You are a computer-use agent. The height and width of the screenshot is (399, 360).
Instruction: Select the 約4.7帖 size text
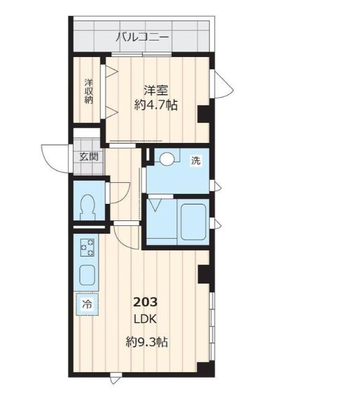(x=156, y=105)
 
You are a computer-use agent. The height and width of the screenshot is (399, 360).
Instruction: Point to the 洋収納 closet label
(x=88, y=91)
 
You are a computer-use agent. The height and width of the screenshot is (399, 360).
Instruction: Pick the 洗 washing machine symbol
(x=195, y=161)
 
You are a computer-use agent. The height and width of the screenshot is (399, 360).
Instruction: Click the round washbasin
(x=167, y=158)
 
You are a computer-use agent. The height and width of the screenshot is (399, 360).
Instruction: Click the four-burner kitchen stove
(x=87, y=247)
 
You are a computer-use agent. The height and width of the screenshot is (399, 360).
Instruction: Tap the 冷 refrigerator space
(x=87, y=304)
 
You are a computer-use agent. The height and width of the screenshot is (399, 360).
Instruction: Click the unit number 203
(x=146, y=302)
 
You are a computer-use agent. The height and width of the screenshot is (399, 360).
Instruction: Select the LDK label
(x=146, y=319)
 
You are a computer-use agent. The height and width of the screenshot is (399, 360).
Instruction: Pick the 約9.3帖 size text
(x=147, y=342)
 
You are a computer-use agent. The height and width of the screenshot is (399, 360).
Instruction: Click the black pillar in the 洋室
(x=204, y=115)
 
